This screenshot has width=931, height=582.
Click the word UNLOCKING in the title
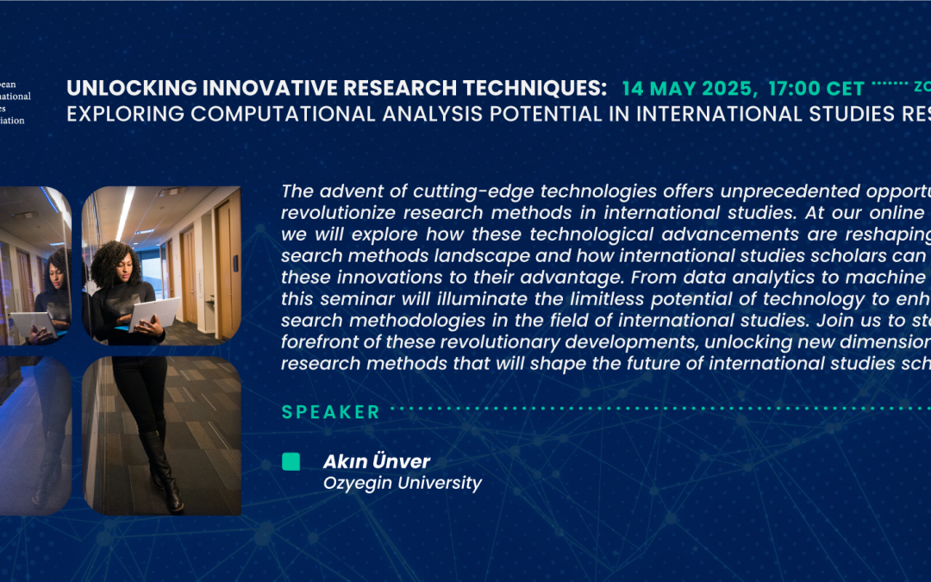(113, 88)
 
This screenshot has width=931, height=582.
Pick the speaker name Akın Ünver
(376, 462)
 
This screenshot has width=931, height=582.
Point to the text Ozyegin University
(402, 483)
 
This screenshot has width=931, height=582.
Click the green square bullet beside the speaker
(291, 462)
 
